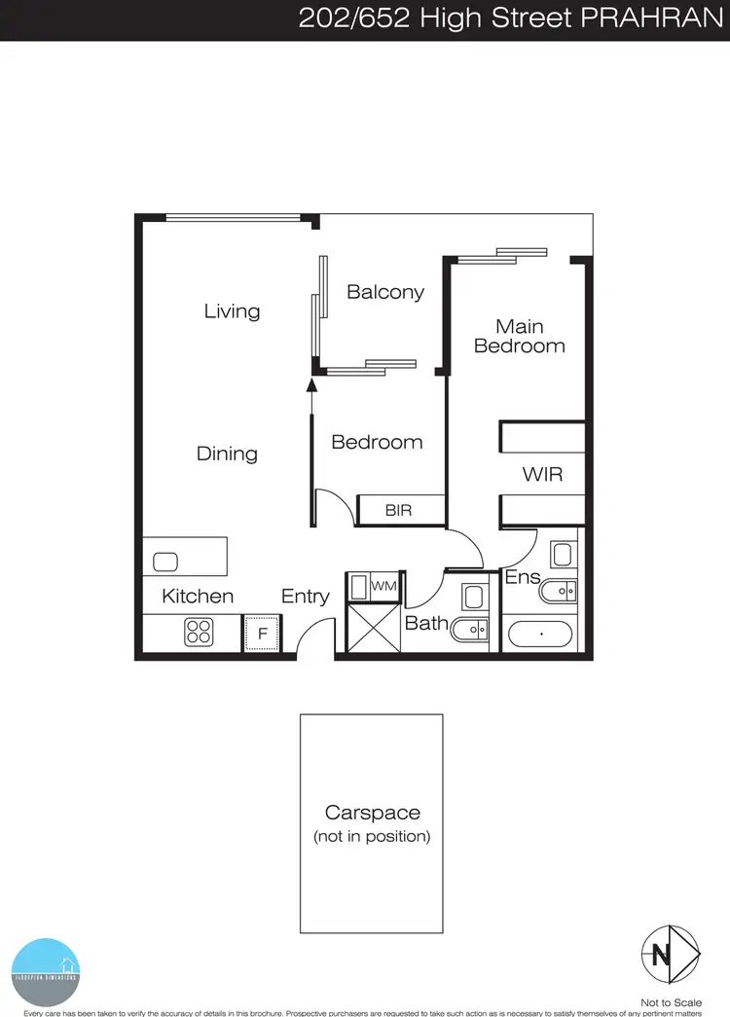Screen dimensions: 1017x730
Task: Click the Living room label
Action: click(232, 311)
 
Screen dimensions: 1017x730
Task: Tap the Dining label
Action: click(227, 454)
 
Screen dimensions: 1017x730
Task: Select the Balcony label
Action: click(385, 292)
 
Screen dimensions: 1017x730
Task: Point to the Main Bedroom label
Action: click(519, 336)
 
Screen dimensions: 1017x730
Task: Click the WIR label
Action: click(542, 475)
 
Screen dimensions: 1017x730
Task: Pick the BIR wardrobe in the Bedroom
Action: click(399, 509)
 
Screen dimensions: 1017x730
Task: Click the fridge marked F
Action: click(261, 634)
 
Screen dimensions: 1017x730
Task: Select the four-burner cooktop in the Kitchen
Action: click(200, 633)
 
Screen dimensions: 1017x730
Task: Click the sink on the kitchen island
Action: click(166, 562)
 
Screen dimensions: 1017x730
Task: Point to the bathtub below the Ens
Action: click(541, 634)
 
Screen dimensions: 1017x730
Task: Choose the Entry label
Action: click(306, 597)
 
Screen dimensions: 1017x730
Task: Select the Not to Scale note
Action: click(671, 1001)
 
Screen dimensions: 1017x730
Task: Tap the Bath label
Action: click(426, 622)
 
